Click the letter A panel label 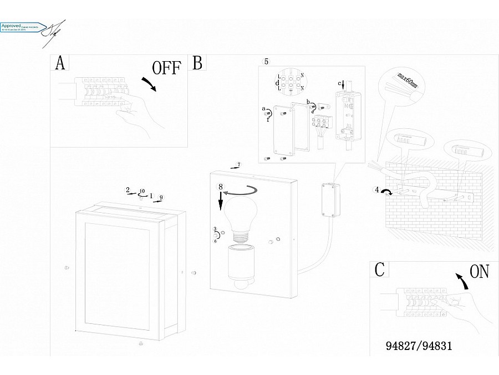[x=60, y=64]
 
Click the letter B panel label [x=197, y=63]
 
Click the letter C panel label [x=379, y=270]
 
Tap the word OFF [x=166, y=68]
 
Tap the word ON [x=480, y=272]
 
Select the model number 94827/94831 [x=419, y=345]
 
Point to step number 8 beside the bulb [x=220, y=187]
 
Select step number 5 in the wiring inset [x=266, y=62]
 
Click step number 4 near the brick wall [x=377, y=190]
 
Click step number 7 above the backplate [x=238, y=164]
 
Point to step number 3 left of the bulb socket [x=215, y=229]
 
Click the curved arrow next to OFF [x=149, y=84]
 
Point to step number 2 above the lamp [x=128, y=190]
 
